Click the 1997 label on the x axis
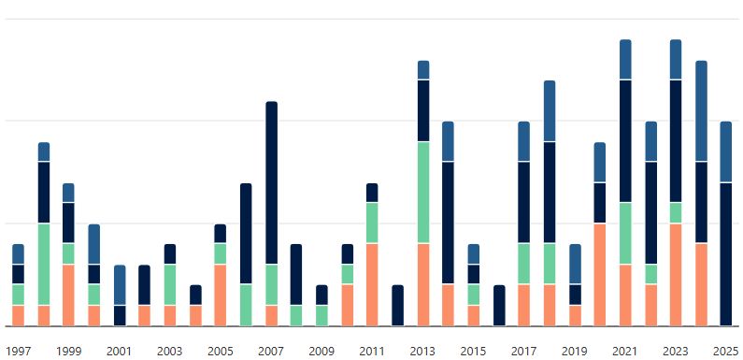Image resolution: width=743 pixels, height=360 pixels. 18,352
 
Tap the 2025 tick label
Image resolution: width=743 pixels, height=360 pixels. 725,352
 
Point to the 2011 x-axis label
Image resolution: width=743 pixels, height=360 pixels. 372,352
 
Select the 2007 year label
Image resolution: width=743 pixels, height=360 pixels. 271,352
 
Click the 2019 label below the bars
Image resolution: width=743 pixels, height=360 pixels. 575,352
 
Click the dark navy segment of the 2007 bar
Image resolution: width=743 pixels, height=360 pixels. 271,182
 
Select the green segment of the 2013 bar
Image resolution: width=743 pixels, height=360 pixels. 423,193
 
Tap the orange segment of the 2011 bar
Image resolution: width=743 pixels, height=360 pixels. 372,284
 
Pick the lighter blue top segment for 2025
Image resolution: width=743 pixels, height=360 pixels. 726,152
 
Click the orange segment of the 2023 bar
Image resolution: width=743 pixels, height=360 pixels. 676,274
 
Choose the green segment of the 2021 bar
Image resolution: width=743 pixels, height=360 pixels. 625,234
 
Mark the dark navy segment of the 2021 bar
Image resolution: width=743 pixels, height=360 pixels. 625,141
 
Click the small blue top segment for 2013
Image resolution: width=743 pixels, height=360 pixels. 423,70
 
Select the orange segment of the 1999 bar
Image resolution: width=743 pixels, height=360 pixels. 68,295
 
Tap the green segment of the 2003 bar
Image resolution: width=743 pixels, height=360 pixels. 170,284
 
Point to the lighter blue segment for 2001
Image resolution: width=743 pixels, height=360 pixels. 120,285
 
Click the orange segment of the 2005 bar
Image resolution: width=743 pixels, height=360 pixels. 221,295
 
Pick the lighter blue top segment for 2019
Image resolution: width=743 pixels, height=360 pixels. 575,265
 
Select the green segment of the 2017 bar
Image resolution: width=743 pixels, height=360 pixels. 524,264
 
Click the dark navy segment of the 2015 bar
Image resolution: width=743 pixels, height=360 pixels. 474,274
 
